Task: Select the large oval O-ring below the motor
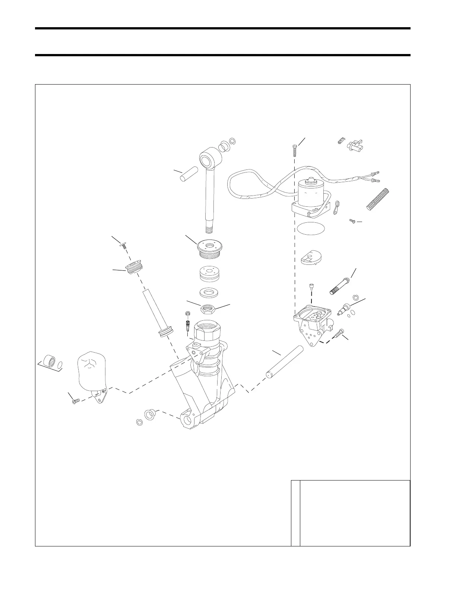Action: (311, 228)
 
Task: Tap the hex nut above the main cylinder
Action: (207, 308)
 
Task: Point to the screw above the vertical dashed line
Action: (295, 150)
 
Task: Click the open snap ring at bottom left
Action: (139, 422)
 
